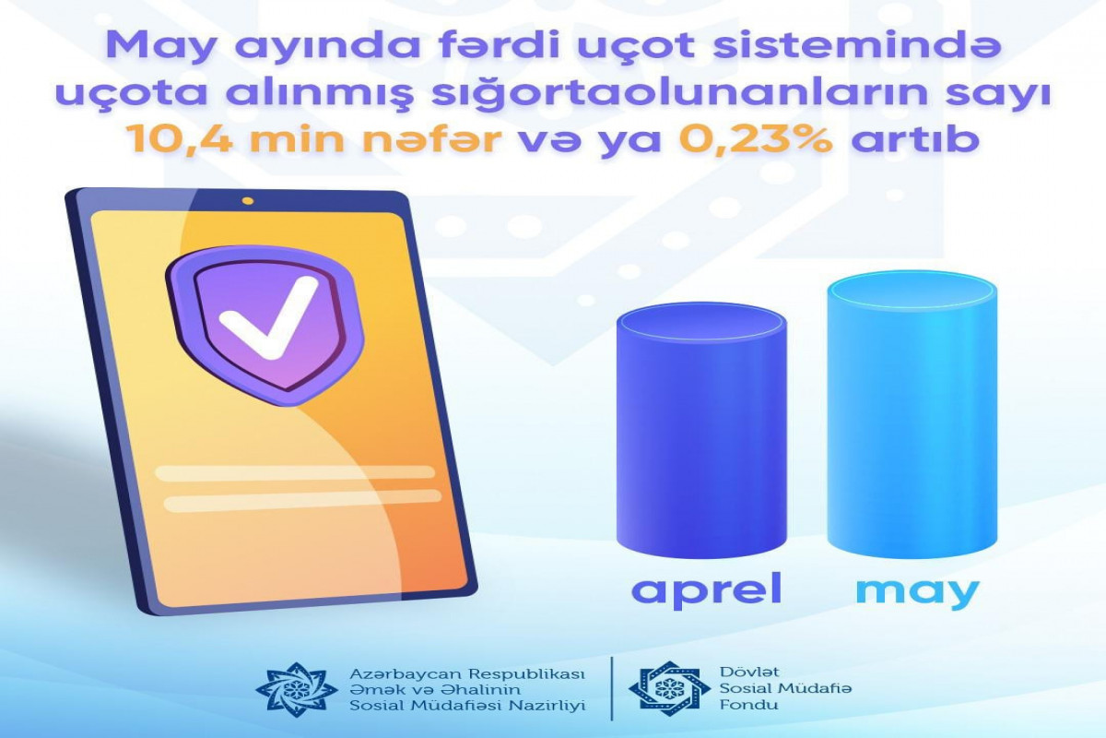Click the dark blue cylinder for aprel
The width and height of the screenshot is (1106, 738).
(x=701, y=430)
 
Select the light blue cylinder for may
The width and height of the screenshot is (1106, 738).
(x=912, y=414)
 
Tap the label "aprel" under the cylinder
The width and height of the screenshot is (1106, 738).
(x=707, y=589)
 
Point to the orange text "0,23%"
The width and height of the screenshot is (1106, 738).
(x=756, y=139)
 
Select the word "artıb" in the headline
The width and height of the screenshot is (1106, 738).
(x=916, y=138)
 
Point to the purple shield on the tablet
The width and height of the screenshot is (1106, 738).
(x=265, y=325)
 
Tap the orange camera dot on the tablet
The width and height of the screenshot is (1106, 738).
(x=248, y=201)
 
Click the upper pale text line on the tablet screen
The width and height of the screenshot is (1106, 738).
(x=295, y=472)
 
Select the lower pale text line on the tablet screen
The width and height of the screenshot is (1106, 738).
(x=302, y=500)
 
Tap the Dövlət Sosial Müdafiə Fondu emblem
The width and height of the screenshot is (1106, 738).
(x=669, y=688)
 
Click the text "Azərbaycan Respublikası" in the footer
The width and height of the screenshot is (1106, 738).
(x=467, y=674)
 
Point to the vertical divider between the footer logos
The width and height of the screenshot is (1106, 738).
(x=612, y=688)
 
